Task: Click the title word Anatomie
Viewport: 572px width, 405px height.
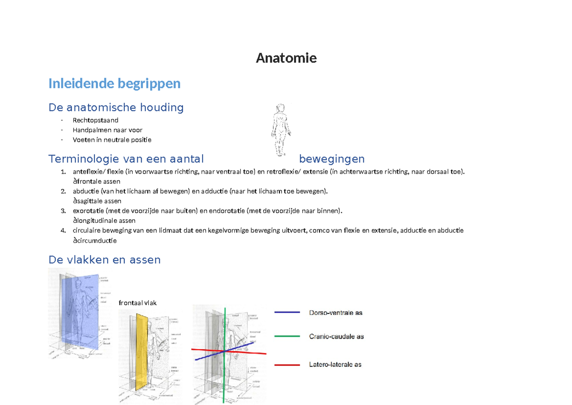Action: [286, 58]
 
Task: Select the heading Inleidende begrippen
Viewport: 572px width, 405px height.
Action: [114, 83]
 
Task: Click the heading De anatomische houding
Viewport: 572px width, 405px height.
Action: [116, 107]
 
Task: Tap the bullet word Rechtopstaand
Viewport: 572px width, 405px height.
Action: [95, 120]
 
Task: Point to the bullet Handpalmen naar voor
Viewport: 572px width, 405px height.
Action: [107, 130]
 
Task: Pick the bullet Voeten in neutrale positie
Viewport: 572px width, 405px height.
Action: [112, 140]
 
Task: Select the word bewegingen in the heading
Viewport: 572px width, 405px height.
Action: [332, 158]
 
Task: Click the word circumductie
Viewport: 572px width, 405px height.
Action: [96, 240]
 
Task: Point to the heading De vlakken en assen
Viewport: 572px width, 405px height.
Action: [104, 260]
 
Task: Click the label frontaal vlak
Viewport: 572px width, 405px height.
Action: [137, 303]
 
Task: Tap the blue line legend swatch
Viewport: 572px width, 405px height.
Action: [287, 312]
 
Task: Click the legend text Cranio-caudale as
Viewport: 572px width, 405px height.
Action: [336, 336]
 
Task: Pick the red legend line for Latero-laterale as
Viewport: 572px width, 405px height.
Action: [287, 365]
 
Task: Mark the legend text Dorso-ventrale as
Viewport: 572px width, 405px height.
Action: [336, 312]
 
